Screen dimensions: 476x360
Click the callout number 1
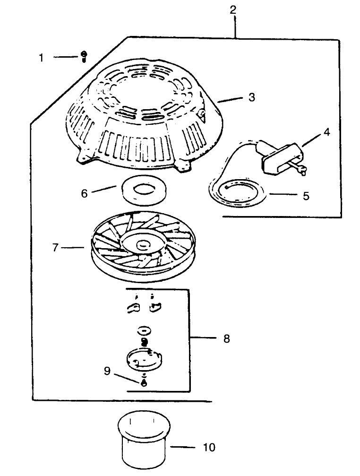pyautogui.click(x=41, y=58)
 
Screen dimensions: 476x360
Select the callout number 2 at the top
pyautogui.click(x=233, y=9)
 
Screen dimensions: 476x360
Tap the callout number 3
pyautogui.click(x=251, y=97)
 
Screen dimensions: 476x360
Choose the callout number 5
pyautogui.click(x=306, y=196)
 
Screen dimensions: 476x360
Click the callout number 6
pyautogui.click(x=85, y=193)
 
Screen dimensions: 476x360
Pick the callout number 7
pyautogui.click(x=55, y=247)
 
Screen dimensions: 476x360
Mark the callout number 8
pyautogui.click(x=226, y=338)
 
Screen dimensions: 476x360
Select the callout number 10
pyautogui.click(x=208, y=447)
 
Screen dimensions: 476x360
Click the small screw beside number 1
pyautogui.click(x=83, y=56)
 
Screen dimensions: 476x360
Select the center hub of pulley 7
pyautogui.click(x=141, y=245)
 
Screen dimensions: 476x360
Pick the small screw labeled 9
pyautogui.click(x=144, y=383)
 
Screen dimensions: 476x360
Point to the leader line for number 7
pyautogui.click(x=73, y=247)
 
